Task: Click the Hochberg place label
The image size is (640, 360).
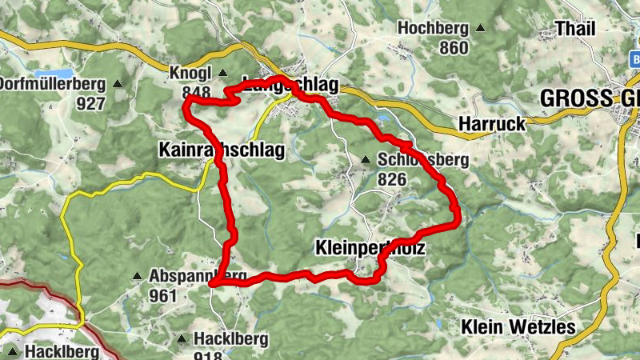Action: (x=431, y=28)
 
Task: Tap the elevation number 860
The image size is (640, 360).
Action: (x=454, y=48)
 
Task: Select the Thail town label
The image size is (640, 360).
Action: (x=576, y=29)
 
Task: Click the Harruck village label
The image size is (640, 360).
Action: (x=492, y=124)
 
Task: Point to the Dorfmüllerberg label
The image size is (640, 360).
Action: (x=53, y=84)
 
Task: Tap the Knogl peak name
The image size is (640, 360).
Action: (x=189, y=73)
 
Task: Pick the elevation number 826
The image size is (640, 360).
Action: (x=392, y=179)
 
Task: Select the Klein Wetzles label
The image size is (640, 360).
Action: (x=518, y=326)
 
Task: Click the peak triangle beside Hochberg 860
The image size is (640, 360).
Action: (x=481, y=28)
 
